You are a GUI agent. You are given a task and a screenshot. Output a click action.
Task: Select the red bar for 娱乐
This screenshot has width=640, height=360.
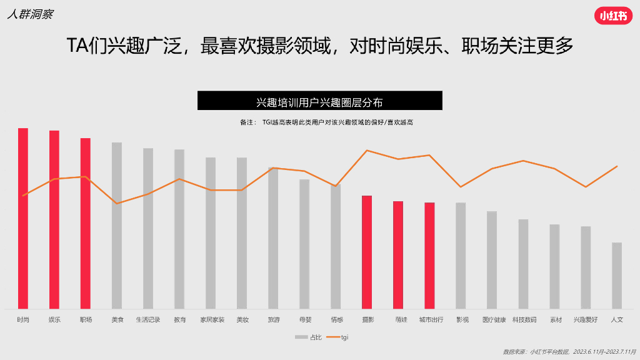pos(54,219)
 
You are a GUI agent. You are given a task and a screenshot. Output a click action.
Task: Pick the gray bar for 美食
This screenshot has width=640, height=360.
pos(117,225)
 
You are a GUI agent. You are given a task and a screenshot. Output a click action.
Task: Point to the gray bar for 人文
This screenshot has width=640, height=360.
pos(617,275)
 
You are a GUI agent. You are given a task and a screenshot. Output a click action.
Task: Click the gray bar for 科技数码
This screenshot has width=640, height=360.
pos(523,263)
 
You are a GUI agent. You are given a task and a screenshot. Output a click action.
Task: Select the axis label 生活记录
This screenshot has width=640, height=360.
pos(148,319)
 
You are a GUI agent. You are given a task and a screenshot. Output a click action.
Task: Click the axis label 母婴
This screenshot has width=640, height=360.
pos(304,319)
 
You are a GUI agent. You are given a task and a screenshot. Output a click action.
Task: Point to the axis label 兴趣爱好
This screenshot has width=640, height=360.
pos(586,319)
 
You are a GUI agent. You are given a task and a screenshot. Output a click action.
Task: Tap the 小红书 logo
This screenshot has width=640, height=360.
pos(612,17)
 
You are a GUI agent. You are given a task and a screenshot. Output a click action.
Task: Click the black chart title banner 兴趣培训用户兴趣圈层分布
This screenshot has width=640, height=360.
pos(319,101)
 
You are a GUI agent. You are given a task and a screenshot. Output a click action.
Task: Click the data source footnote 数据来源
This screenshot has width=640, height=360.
pos(569,351)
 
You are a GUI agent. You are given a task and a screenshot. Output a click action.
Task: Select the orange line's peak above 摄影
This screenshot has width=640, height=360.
pos(367,150)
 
